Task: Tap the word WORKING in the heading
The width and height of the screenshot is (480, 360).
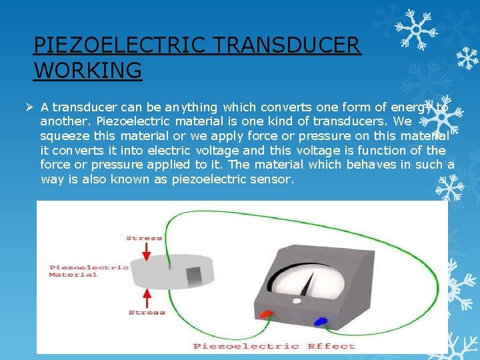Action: (x=87, y=69)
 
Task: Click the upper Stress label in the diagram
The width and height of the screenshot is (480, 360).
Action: (x=144, y=238)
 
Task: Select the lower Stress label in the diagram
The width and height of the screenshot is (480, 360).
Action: (x=147, y=312)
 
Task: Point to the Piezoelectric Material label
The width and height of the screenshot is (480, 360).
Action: (x=88, y=271)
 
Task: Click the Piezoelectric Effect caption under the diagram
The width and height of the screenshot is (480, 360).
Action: (x=274, y=346)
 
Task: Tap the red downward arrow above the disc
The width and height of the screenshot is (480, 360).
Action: (x=147, y=252)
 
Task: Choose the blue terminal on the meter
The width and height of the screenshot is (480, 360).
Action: (x=320, y=321)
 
